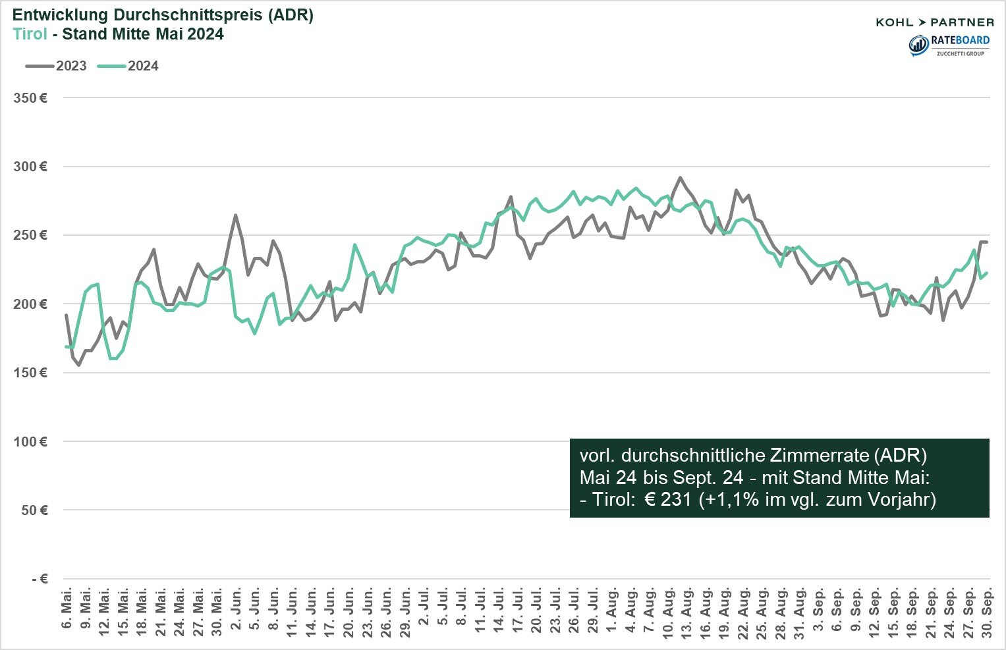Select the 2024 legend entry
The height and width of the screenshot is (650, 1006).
(128, 66)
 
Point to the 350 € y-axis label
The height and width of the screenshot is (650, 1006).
(30, 98)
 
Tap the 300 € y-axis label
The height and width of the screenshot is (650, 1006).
(30, 167)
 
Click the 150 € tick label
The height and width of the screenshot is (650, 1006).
(30, 373)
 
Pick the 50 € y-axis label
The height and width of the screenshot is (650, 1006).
(33, 510)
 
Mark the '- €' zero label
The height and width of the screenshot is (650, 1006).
(40, 579)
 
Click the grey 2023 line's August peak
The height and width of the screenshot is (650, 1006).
(681, 178)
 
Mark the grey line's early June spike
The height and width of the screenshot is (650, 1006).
(235, 215)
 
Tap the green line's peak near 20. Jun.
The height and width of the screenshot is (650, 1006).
(355, 245)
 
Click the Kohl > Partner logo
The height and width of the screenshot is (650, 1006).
(934, 22)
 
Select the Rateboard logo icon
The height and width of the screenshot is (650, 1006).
(918, 45)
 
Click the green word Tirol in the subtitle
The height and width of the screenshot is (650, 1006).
(30, 34)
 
